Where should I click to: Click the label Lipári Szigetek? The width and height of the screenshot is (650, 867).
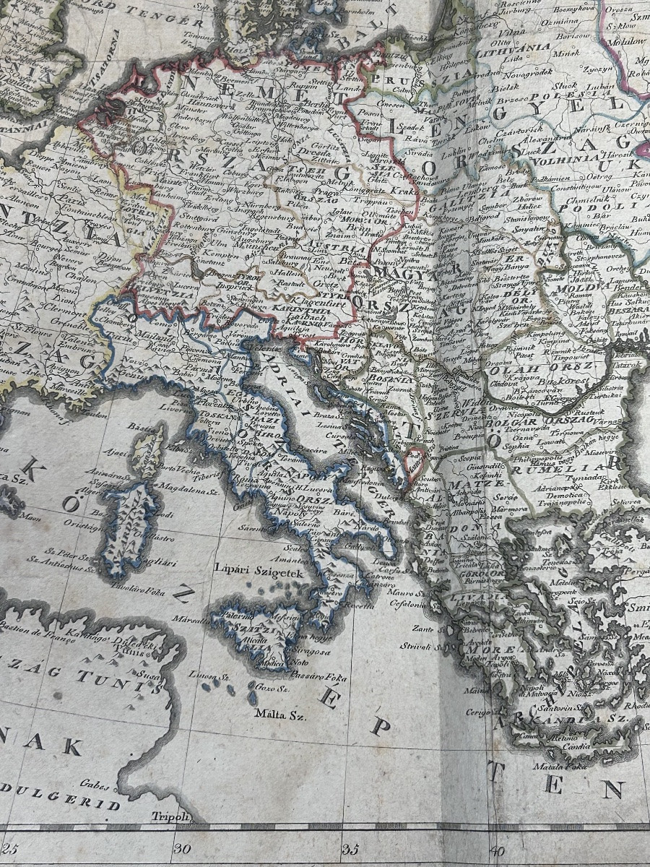[251, 566]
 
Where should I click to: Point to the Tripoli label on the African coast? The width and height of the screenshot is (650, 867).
[170, 817]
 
